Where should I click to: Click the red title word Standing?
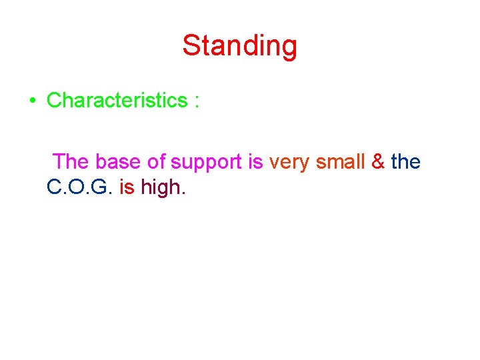(x=239, y=47)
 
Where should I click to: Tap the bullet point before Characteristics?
(x=32, y=101)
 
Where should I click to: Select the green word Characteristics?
(x=117, y=101)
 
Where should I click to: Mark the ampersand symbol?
(x=378, y=162)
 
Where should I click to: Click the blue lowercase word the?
(x=406, y=162)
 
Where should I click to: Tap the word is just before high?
(x=127, y=187)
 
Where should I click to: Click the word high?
(x=161, y=188)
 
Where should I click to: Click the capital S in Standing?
(x=192, y=47)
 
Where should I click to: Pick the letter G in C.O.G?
(x=100, y=187)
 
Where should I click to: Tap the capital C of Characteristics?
(x=54, y=101)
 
